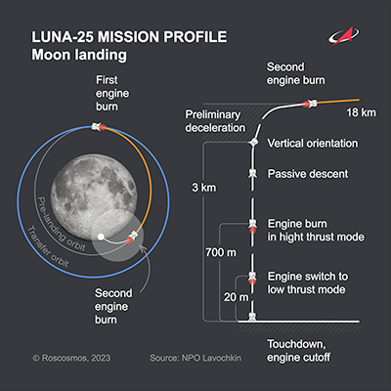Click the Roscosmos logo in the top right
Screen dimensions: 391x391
[343, 35]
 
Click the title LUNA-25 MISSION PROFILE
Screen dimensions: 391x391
[129, 37]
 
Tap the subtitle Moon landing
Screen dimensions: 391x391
[79, 55]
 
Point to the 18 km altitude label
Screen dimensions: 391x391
[361, 112]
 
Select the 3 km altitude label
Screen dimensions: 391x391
[204, 188]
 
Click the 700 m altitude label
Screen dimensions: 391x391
[221, 252]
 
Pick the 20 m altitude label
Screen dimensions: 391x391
[236, 297]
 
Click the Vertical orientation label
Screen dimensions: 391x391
[313, 144]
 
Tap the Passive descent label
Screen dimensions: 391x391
[308, 174]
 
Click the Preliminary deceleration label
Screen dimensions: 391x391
[215, 121]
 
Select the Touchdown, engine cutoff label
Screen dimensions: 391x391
[299, 351]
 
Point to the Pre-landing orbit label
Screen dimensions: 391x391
[62, 224]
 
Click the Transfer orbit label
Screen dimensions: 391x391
[47, 246]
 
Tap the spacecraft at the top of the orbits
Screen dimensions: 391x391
[99, 126]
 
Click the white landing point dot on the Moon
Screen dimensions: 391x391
[101, 237]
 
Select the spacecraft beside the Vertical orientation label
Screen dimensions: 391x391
[253, 143]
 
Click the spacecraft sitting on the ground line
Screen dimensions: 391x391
[252, 317]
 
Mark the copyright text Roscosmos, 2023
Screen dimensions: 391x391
[71, 358]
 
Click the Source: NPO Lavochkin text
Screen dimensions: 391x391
[195, 358]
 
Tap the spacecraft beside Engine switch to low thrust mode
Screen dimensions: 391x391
[252, 278]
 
